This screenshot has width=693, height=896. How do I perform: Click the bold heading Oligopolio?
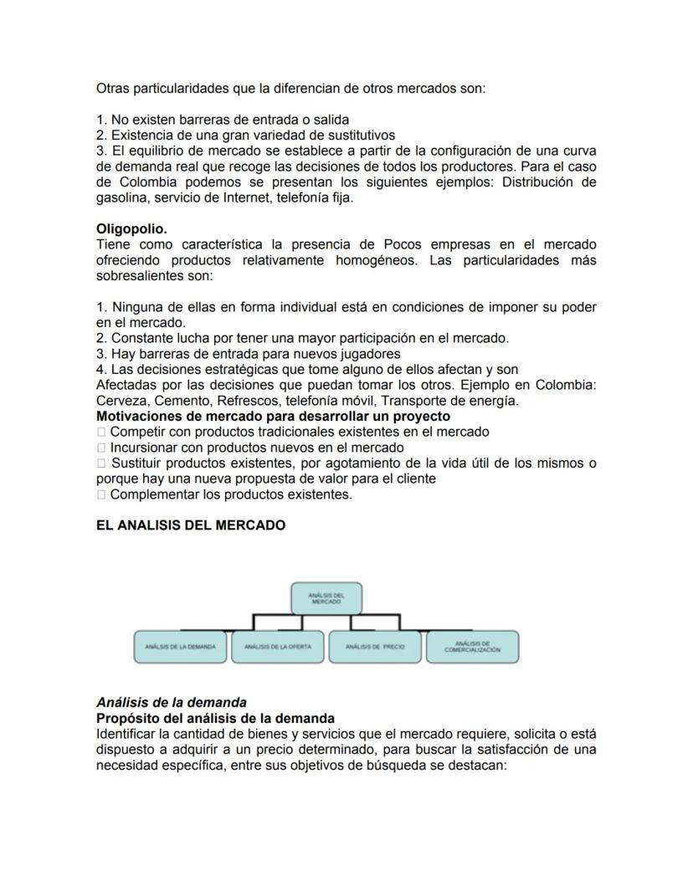pos(131,228)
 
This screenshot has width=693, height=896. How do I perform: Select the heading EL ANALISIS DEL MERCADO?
pos(191,525)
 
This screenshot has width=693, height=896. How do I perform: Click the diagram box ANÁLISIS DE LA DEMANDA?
pos(180,648)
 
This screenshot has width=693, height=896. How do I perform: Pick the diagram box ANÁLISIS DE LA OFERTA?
pos(278,648)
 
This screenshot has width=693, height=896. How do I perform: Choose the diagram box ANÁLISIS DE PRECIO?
pos(375,648)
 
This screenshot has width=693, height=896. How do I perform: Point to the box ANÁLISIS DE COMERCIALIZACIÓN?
pos(473,648)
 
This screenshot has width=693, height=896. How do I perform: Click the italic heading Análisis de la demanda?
pos(172,703)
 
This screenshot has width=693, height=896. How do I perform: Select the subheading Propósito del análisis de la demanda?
pos(215,719)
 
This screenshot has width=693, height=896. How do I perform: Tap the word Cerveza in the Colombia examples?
pos(121,401)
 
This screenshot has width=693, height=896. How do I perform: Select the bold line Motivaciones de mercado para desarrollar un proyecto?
pos(273,416)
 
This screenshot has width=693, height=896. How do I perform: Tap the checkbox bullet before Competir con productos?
pos(101,432)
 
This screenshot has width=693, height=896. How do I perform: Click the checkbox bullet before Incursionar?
pos(101,448)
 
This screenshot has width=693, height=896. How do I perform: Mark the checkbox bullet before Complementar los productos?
pos(101,494)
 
